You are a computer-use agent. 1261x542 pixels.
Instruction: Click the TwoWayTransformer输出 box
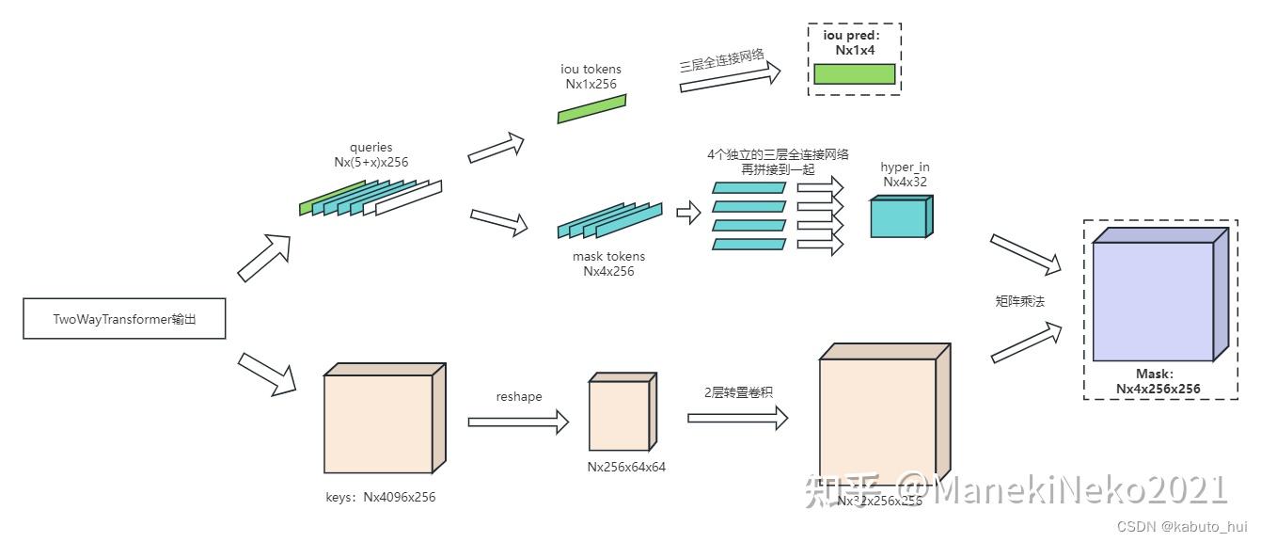click(x=124, y=319)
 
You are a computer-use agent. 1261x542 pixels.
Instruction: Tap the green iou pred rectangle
click(x=854, y=74)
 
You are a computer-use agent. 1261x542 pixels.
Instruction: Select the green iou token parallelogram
click(x=591, y=108)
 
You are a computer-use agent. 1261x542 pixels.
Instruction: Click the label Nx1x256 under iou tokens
click(x=591, y=84)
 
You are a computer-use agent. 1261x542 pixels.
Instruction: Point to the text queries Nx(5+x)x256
click(x=370, y=154)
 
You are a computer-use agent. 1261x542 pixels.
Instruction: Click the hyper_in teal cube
click(x=899, y=217)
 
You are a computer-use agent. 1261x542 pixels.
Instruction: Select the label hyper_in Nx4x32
click(x=905, y=174)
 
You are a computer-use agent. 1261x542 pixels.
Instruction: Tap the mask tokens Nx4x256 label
click(x=608, y=263)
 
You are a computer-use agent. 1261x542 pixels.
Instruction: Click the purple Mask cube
click(x=1154, y=300)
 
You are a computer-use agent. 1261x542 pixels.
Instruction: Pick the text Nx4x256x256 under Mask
click(x=1159, y=388)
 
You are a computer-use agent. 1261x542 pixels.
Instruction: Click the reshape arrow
click(x=518, y=422)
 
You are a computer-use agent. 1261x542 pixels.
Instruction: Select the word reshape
click(x=519, y=396)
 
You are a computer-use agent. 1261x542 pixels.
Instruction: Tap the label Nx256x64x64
click(x=626, y=466)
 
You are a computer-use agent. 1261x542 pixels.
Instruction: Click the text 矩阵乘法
click(x=1020, y=301)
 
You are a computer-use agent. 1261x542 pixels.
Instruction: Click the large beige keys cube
click(x=378, y=422)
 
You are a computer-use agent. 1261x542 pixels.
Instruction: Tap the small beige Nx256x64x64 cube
click(x=619, y=415)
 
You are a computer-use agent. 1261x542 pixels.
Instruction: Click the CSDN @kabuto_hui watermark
click(x=1189, y=527)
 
